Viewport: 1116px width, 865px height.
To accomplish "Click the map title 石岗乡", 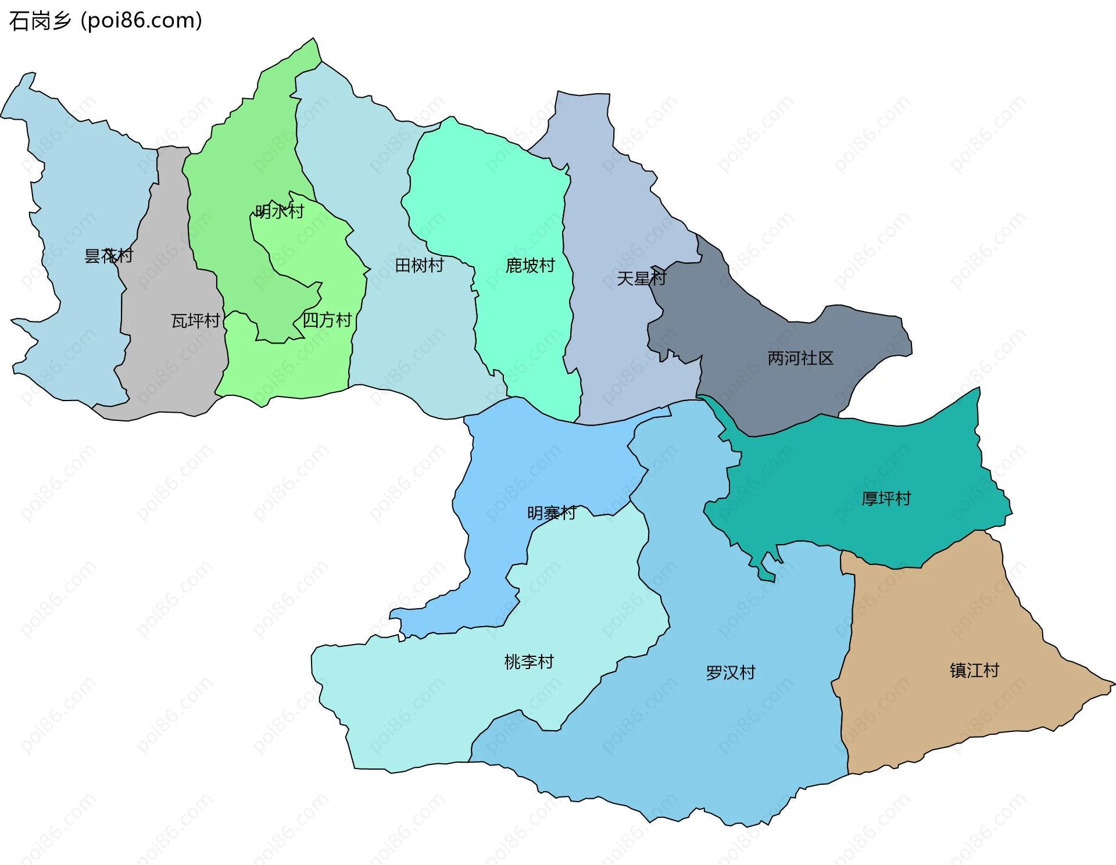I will (x=40, y=21).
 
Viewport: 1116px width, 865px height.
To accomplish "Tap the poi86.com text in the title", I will (x=141, y=21).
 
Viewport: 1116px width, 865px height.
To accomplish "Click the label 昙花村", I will (x=109, y=256).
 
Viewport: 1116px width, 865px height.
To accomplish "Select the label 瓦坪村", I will (x=195, y=321).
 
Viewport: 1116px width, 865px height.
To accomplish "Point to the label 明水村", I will (x=280, y=212).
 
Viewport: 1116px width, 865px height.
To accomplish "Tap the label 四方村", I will (x=327, y=320).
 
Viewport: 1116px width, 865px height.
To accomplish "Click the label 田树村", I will (x=419, y=266).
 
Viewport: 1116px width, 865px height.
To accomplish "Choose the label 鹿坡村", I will (x=530, y=266).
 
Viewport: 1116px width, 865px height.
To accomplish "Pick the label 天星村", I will (x=641, y=278).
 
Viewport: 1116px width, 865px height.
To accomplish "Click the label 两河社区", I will (x=800, y=358).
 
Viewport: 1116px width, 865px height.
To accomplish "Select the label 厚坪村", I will (x=886, y=499).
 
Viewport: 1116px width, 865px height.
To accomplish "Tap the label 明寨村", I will (x=552, y=513).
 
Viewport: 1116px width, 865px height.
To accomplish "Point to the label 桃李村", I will (x=529, y=662).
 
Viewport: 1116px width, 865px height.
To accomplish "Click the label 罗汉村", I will (x=731, y=673).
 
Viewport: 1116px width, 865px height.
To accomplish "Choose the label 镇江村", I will (x=974, y=671).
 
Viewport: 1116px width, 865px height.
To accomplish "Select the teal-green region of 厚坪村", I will (x=843, y=465).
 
